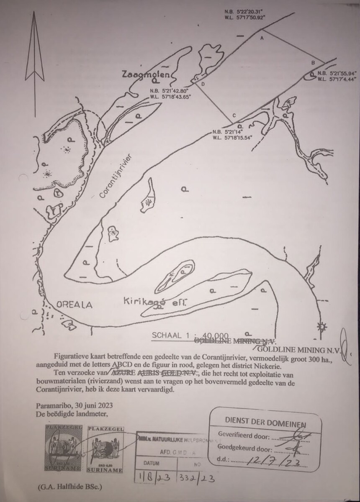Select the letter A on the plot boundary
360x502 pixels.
[x=262, y=38]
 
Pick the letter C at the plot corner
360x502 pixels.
[x=234, y=115]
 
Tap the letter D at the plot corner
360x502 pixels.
[x=203, y=84]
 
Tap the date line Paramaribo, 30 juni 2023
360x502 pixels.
[x=74, y=406]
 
